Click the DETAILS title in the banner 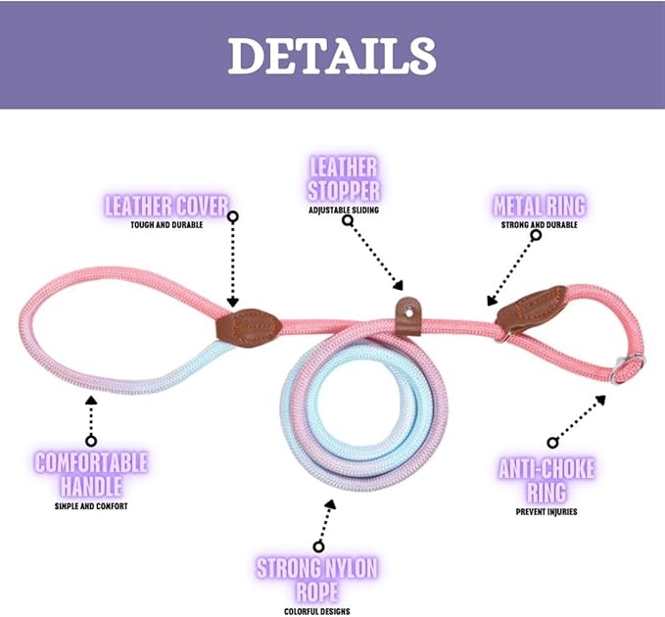click(x=331, y=56)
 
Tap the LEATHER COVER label click(x=166, y=207)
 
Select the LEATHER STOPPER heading click(x=344, y=178)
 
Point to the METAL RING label click(x=539, y=206)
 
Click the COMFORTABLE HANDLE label click(x=91, y=473)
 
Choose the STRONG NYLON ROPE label click(x=317, y=580)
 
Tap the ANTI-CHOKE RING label click(x=546, y=479)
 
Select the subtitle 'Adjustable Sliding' click(x=344, y=210)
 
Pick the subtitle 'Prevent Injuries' click(x=546, y=511)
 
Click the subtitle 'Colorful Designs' click(x=317, y=611)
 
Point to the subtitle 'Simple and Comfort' click(x=91, y=506)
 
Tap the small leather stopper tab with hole click(x=407, y=314)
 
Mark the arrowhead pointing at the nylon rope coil click(x=330, y=505)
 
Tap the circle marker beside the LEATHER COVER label click(x=233, y=215)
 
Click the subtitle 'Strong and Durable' click(x=539, y=224)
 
